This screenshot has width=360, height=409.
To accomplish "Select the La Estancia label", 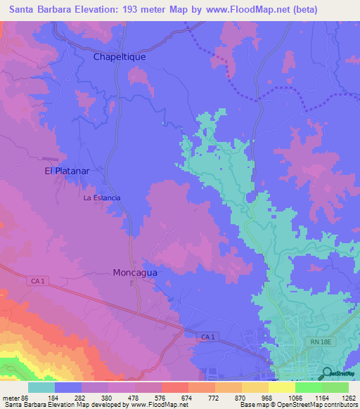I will (102, 197).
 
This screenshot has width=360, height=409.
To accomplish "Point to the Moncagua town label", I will (139, 272).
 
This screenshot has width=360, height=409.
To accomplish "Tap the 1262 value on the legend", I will (349, 398).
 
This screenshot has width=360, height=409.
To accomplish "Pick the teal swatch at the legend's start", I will (41, 387).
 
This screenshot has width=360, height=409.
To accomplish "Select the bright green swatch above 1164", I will (309, 387).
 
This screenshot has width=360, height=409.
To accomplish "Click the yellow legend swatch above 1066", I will (282, 387).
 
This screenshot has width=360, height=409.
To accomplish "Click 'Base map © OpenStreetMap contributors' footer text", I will (298, 405).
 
